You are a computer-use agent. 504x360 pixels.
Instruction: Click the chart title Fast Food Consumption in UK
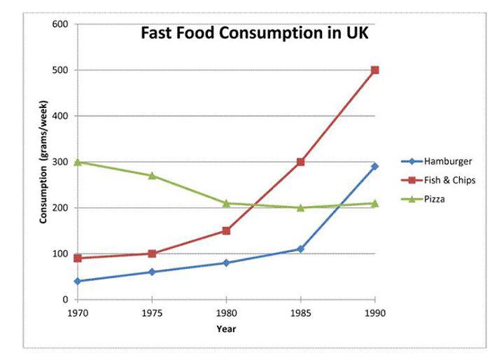254,34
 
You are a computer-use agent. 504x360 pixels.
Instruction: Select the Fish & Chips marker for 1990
374,70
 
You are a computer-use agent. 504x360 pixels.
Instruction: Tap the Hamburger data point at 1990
374,166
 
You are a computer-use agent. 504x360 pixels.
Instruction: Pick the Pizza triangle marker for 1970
77,162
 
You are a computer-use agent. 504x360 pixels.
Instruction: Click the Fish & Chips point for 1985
300,162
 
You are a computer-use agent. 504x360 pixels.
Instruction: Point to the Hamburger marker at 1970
77,281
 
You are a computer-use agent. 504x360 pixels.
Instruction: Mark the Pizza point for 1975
152,175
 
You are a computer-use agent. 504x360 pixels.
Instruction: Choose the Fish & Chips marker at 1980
226,230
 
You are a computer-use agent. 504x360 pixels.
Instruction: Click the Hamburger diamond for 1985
300,249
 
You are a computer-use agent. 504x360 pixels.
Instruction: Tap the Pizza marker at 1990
374,203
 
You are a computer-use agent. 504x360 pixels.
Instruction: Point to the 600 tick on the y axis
59,25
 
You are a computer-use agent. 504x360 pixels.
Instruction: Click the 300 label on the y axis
59,162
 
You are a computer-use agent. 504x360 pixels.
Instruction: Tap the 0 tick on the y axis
64,300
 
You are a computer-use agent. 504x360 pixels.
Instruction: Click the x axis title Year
226,328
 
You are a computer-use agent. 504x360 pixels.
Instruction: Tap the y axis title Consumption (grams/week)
43,162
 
